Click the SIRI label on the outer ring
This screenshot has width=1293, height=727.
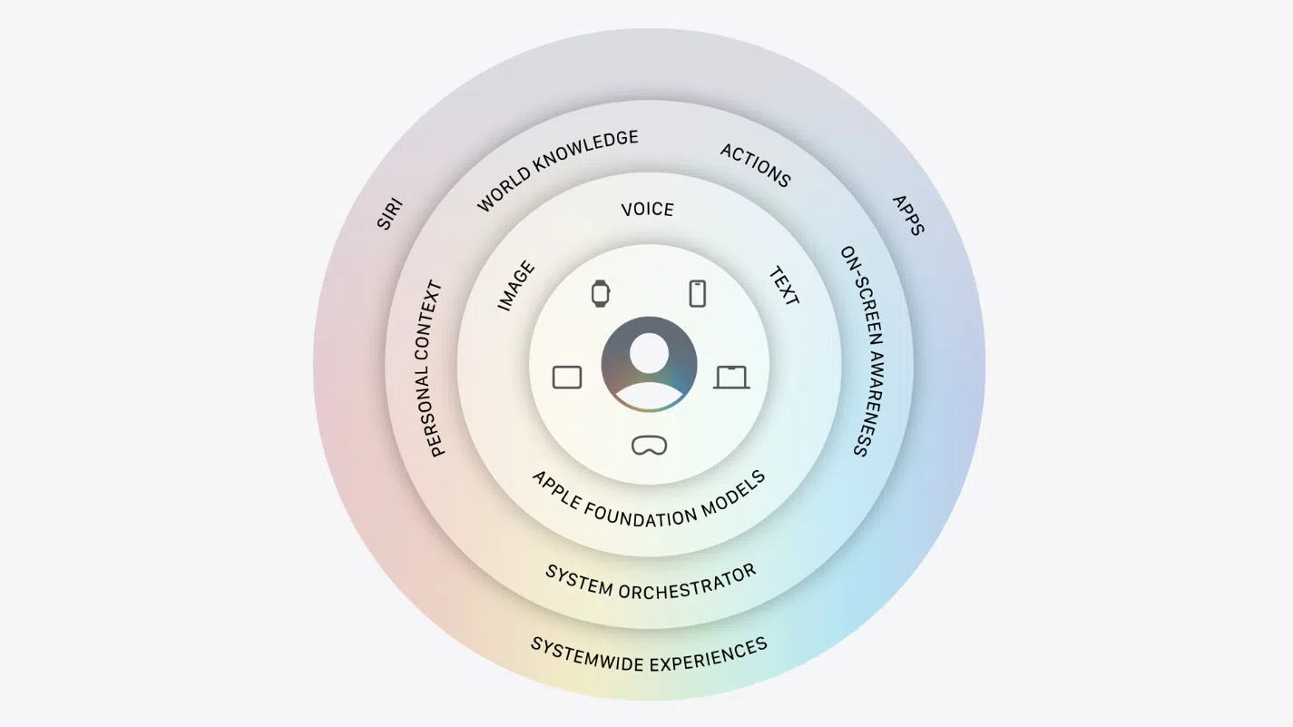pyautogui.click(x=389, y=214)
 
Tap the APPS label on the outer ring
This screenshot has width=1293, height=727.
pyautogui.click(x=908, y=215)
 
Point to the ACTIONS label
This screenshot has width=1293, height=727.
pyautogui.click(x=755, y=165)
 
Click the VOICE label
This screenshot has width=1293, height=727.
pyautogui.click(x=647, y=209)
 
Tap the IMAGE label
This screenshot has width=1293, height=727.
pyautogui.click(x=516, y=285)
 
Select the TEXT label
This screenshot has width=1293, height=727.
pyautogui.click(x=784, y=286)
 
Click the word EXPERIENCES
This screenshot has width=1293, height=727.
pyautogui.click(x=709, y=656)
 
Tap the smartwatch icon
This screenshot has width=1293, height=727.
pyautogui.click(x=601, y=293)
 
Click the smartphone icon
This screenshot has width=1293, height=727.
pyautogui.click(x=697, y=293)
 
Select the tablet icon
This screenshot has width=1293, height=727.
pyautogui.click(x=567, y=377)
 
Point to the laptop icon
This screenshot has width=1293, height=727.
pyautogui.click(x=731, y=377)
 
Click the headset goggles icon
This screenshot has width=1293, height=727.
pyautogui.click(x=650, y=446)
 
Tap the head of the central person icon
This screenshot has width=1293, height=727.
pyautogui.click(x=649, y=353)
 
